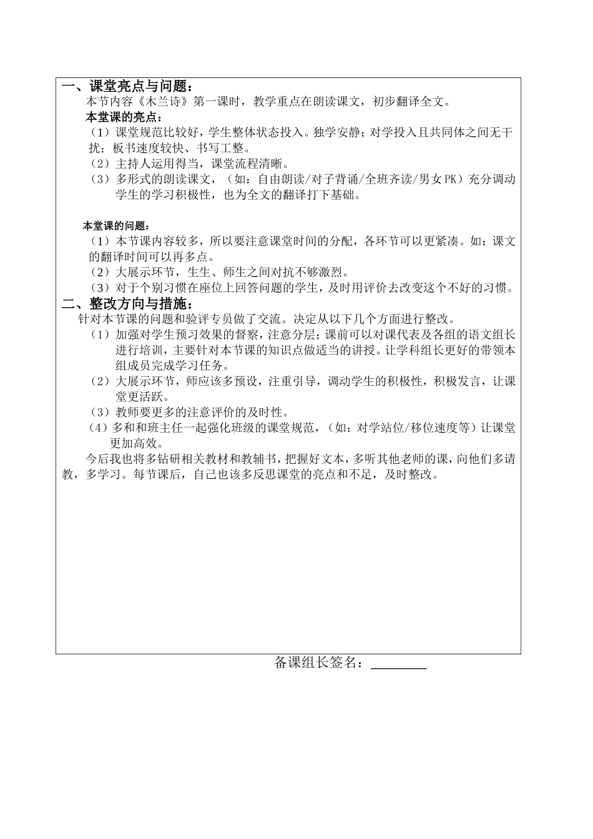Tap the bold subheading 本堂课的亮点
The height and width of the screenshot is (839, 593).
[x=123, y=117]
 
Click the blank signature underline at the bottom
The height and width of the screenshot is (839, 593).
[x=399, y=665]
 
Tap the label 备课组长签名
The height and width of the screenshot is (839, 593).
[x=318, y=663]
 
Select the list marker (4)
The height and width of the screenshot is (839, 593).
[x=100, y=428]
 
